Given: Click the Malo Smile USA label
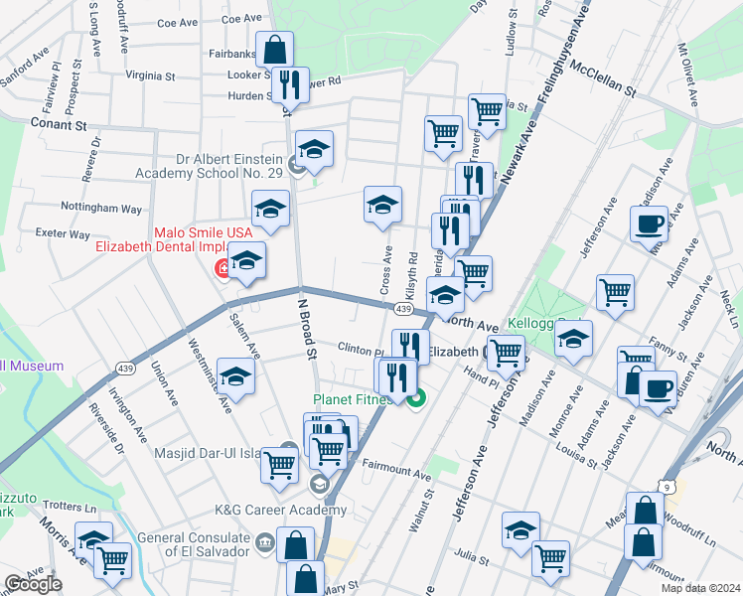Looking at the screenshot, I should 203,232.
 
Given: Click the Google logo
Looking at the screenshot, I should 33,584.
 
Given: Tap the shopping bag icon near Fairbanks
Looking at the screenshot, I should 274,50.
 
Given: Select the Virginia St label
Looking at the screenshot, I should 150,74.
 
